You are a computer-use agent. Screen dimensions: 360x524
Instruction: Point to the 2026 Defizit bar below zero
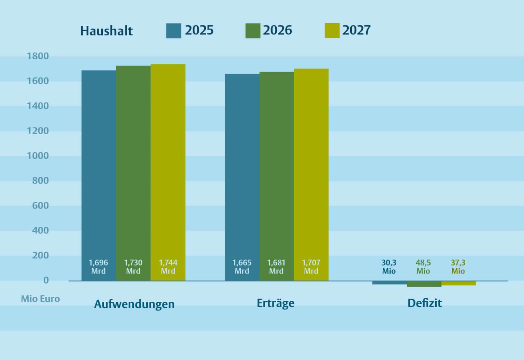(x=424, y=284)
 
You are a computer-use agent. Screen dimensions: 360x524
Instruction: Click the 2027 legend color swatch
(x=332, y=30)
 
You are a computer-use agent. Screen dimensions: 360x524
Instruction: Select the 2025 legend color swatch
(x=173, y=30)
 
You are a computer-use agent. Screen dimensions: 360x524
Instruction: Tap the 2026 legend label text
(x=277, y=30)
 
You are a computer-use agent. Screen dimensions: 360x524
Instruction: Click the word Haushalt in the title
(x=106, y=31)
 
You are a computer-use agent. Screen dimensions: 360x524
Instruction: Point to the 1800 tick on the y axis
(x=38, y=56)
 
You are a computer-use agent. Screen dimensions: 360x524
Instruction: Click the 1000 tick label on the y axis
(x=38, y=156)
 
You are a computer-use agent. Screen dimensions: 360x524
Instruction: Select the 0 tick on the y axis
(x=46, y=280)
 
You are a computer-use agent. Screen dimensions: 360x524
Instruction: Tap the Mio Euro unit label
(x=40, y=299)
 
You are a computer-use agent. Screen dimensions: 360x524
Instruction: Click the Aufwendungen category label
(x=134, y=304)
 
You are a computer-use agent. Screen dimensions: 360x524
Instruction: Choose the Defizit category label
(x=424, y=303)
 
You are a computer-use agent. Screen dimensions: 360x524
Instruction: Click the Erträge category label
(x=275, y=303)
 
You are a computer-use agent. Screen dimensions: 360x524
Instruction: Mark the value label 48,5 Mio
(x=423, y=267)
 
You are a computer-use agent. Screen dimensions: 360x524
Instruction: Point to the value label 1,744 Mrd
(x=168, y=267)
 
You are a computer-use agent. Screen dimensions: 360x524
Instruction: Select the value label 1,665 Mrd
(x=242, y=267)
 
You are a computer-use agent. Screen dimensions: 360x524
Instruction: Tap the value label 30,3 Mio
(x=389, y=267)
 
